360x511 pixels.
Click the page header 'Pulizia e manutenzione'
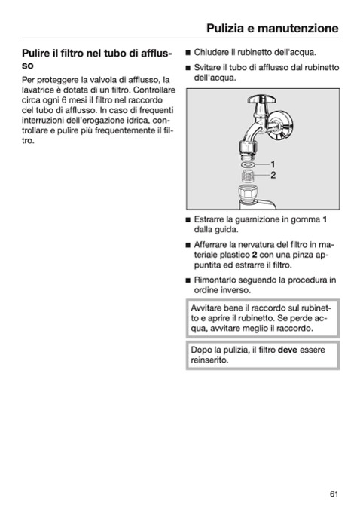point(273,29)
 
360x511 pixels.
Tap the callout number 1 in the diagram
point(273,164)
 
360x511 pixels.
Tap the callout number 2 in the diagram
point(273,175)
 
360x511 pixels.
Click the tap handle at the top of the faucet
point(261,99)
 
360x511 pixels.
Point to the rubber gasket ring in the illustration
point(249,164)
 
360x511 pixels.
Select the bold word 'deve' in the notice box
point(288,350)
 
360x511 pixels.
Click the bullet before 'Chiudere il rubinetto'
point(188,53)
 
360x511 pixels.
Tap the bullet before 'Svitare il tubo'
point(188,68)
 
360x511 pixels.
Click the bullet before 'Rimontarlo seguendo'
point(188,280)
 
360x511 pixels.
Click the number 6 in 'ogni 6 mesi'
point(64,100)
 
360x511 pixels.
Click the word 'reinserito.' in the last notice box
point(209,360)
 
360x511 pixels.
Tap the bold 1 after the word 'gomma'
point(325,219)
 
